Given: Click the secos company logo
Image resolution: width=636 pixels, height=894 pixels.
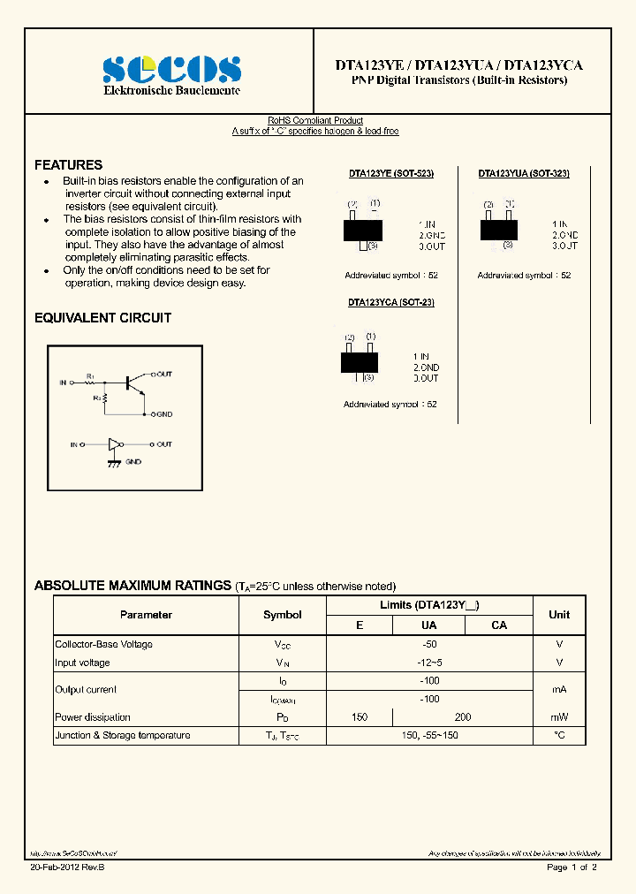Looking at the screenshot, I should click(171, 69).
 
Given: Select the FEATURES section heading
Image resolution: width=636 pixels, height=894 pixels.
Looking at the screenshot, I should click(68, 165).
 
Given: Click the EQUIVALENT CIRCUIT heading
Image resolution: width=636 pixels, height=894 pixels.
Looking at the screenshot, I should click(102, 318).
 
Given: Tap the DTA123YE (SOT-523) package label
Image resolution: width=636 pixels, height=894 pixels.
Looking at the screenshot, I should click(390, 175).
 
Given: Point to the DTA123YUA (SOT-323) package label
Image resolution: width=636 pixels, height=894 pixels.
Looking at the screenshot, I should click(524, 175).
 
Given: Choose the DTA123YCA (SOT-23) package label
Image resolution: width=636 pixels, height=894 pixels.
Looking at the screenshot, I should click(390, 302).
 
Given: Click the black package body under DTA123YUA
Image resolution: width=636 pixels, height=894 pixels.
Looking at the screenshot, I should click(498, 229).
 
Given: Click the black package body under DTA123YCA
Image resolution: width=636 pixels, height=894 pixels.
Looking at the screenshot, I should click(359, 362).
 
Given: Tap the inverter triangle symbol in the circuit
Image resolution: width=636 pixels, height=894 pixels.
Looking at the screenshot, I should click(113, 444).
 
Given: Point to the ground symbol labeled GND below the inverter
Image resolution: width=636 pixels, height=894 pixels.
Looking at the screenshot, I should click(114, 462).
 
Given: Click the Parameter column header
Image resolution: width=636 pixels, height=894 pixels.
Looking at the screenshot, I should click(146, 615).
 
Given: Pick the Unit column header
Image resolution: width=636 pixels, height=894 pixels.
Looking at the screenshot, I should click(559, 615).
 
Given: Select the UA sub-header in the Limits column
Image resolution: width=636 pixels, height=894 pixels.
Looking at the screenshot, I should click(428, 625).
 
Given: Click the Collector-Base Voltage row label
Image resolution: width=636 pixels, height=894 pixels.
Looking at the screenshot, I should click(103, 645).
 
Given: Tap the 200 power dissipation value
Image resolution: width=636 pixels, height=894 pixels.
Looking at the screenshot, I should click(463, 717).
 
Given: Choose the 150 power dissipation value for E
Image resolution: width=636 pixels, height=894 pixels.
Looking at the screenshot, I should click(359, 717).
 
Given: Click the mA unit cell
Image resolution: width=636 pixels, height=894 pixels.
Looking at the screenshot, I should click(559, 690).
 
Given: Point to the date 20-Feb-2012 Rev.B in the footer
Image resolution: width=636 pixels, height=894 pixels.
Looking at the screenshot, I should click(67, 868).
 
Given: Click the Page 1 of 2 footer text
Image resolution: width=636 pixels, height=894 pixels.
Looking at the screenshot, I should click(572, 868).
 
